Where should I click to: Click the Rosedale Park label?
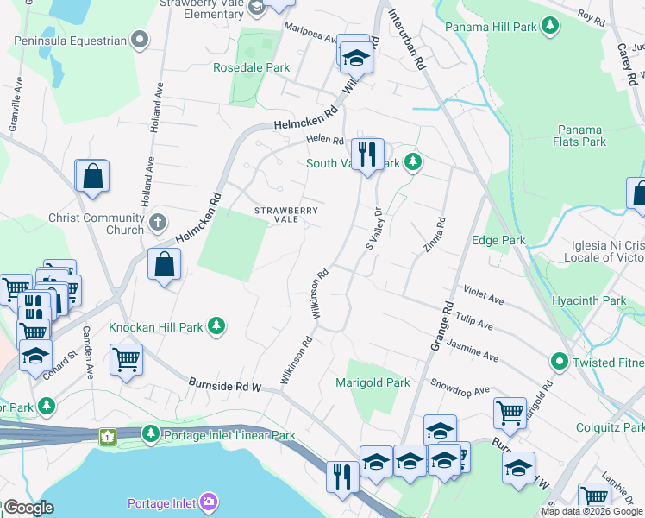click(x=252, y=66)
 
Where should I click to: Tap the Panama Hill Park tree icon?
click(x=550, y=27)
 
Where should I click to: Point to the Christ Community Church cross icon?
click(x=157, y=223)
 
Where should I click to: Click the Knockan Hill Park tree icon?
click(x=219, y=326)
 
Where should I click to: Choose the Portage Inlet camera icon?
click(x=209, y=502)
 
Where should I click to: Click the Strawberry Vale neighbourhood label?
click(x=285, y=214)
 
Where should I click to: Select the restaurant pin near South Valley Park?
click(x=368, y=155)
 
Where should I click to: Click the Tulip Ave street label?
click(x=473, y=322)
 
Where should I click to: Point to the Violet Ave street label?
click(x=483, y=295)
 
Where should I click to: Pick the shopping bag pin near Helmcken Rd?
click(x=164, y=262)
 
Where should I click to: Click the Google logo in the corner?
click(x=28, y=508)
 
